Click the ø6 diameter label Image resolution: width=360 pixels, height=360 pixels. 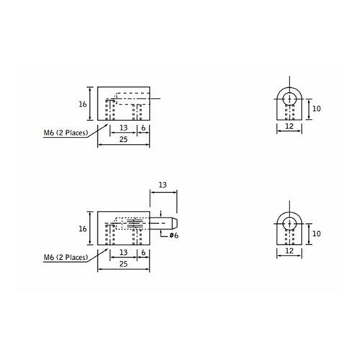click(x=174, y=235)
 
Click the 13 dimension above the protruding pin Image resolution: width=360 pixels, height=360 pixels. click(x=162, y=186)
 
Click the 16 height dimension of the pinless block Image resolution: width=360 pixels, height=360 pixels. click(x=83, y=104)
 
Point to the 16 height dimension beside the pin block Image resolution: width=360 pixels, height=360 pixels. click(x=83, y=229)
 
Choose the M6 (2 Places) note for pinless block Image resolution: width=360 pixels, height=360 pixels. click(x=66, y=132)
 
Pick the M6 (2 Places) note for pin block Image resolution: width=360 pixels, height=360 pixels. click(x=66, y=256)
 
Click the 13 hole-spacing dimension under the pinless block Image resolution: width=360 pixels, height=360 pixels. click(x=123, y=127)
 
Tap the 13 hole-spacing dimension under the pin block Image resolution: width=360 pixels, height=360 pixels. click(x=123, y=252)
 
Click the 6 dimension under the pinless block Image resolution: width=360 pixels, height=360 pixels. click(x=145, y=127)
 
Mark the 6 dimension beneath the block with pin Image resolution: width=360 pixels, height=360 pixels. click(x=145, y=252)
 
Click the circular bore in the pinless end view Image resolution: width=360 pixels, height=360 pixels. click(x=288, y=99)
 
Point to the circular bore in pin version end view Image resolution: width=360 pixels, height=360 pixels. click(x=288, y=223)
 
